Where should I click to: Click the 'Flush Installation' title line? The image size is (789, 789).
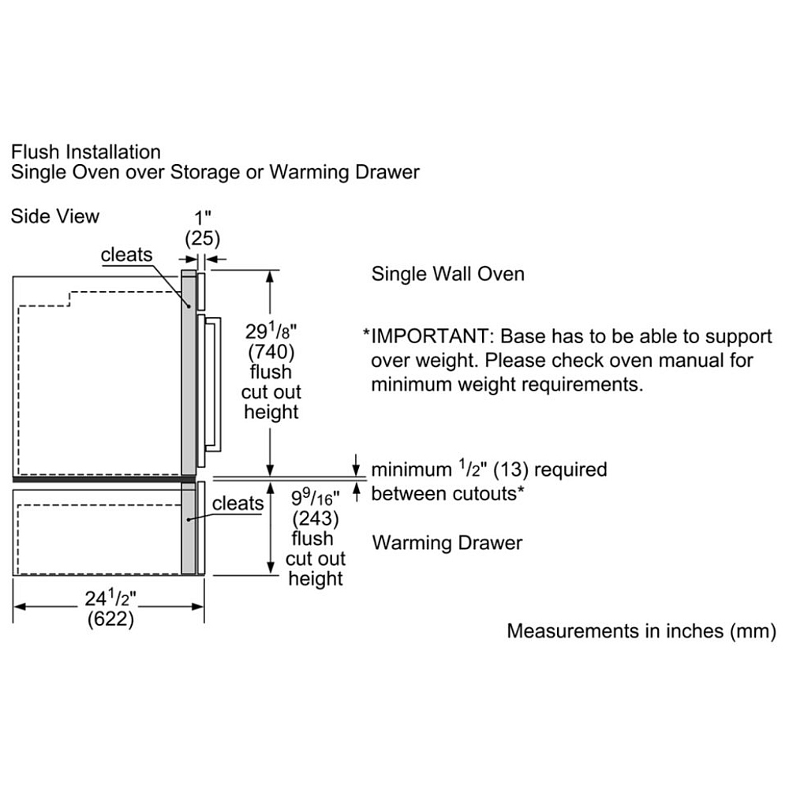coord(86,151)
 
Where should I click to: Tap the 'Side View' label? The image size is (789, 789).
coord(55,216)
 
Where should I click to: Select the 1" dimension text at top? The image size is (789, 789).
coord(203,218)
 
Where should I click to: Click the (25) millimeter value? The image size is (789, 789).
coord(202,238)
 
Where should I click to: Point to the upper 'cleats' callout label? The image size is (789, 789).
coord(126,254)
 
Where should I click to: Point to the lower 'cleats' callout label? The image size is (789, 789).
coord(237,503)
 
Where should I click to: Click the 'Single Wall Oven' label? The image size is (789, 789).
coord(448,274)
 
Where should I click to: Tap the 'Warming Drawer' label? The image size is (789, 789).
coord(447,543)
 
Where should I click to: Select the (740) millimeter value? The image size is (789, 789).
coord(271,352)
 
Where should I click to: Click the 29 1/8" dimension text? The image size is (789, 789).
coord(271,331)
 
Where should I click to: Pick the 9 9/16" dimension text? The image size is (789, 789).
coord(316,498)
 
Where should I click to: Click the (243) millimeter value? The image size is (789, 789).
coord(316,518)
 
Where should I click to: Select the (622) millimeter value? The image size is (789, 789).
coord(110,619)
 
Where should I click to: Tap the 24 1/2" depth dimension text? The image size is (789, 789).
coord(110,598)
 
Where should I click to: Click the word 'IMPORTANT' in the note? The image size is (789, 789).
coord(429,336)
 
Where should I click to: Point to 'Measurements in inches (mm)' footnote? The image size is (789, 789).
coord(641,631)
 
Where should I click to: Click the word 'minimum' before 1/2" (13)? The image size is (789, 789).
coord(411,469)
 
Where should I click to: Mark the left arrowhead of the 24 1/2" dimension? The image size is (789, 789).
coord(19,606)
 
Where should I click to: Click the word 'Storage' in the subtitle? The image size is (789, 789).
coord(205,172)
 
